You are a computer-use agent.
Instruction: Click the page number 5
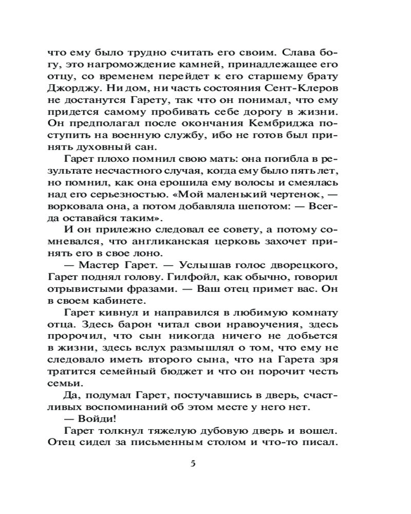coord(193,463)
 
